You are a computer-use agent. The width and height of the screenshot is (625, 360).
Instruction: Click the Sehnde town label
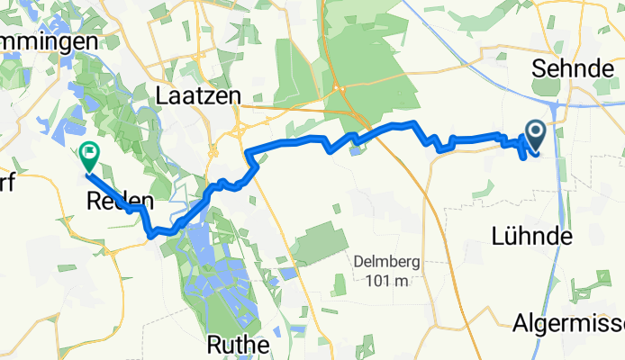tap(566, 68)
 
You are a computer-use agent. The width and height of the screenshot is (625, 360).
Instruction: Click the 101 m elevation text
tap(387, 282)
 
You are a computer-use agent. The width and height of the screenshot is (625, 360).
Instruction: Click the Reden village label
tap(116, 202)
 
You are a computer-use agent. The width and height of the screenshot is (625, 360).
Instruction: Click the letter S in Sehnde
tap(539, 68)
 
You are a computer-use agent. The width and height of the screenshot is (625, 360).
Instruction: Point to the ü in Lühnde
tap(513, 237)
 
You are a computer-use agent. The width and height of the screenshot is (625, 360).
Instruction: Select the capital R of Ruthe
tap(214, 344)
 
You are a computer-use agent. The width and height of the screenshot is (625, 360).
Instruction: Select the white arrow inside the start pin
tap(535, 134)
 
